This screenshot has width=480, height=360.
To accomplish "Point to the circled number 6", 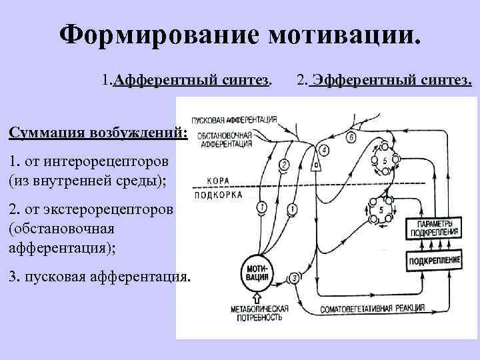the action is [x=351, y=137].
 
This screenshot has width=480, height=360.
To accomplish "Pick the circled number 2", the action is [x=285, y=165].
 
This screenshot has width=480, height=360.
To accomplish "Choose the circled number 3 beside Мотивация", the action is [x=294, y=278].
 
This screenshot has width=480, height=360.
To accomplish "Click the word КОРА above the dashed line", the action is [x=218, y=180].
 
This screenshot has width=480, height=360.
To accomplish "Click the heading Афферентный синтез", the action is [x=192, y=81].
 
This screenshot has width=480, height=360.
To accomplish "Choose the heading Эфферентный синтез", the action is [x=391, y=81].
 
